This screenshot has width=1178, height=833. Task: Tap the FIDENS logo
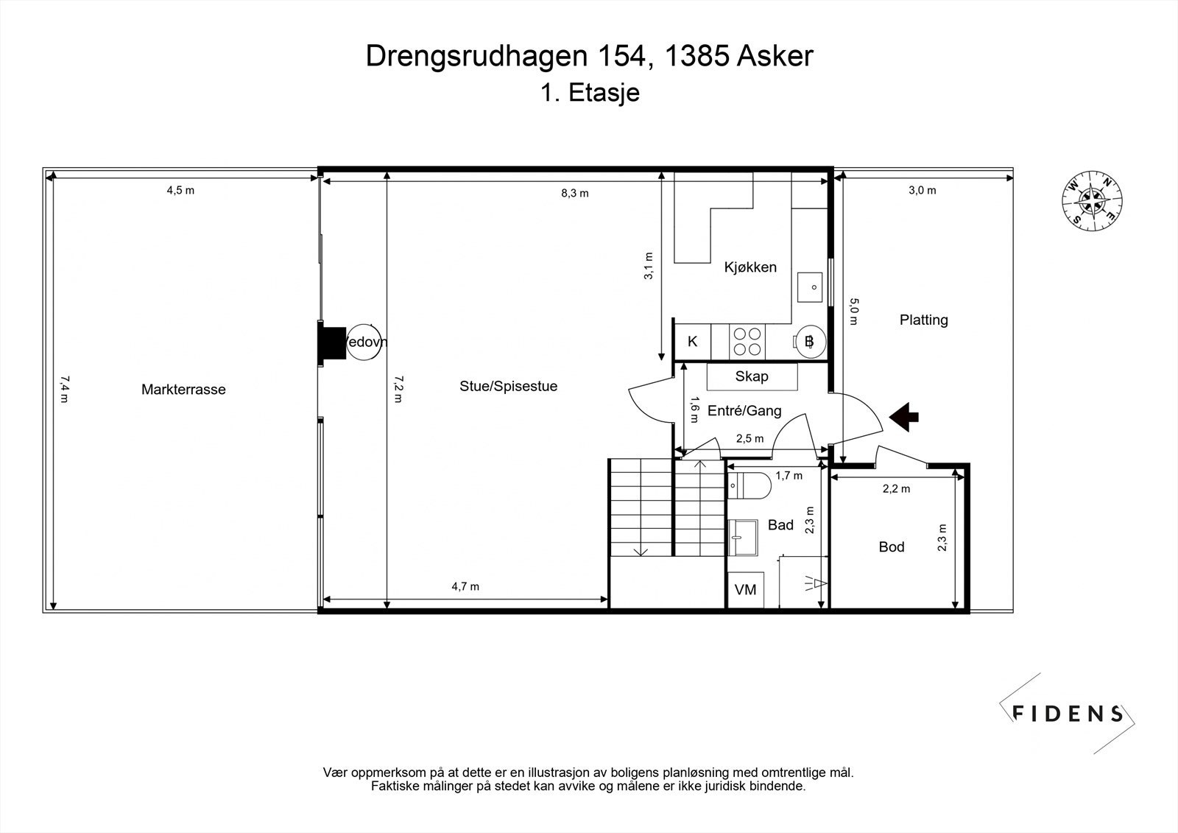coord(1067,713)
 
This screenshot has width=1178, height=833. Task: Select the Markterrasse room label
coord(183,390)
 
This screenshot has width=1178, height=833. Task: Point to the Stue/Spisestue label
coord(508,386)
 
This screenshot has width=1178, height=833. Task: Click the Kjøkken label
coord(750,267)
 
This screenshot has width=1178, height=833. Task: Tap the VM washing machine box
coord(745,591)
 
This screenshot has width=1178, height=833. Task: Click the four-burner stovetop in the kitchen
coord(747,342)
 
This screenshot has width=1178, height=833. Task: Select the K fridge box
coord(693,342)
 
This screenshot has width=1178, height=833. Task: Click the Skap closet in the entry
coord(752,376)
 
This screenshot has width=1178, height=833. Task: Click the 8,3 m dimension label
coord(575,193)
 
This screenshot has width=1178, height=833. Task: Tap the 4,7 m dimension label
coord(465,586)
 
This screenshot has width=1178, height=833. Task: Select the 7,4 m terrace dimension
coord(64,389)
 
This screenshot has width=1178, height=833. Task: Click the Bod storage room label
coord(892,546)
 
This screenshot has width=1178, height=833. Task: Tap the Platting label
coord(923,320)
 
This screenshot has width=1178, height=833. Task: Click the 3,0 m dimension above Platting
coord(922,190)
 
